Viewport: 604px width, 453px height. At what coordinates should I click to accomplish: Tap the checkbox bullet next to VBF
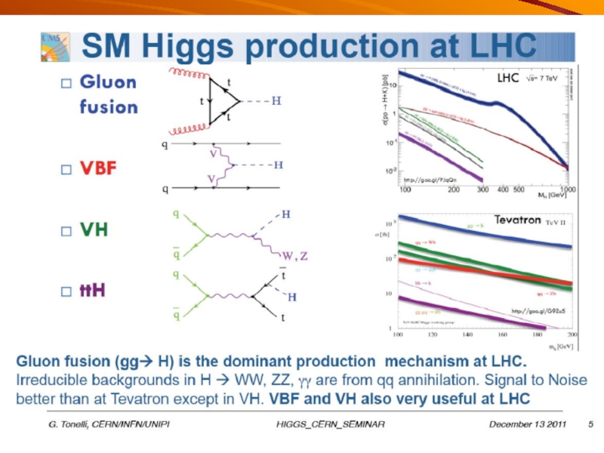[x=66, y=168]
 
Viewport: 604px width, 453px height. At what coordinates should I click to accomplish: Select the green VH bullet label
[x=94, y=230]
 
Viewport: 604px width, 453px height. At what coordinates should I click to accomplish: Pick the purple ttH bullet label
[x=94, y=290]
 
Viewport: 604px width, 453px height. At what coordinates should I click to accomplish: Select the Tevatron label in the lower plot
[x=519, y=220]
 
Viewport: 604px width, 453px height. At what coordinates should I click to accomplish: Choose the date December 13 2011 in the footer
[x=527, y=424]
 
